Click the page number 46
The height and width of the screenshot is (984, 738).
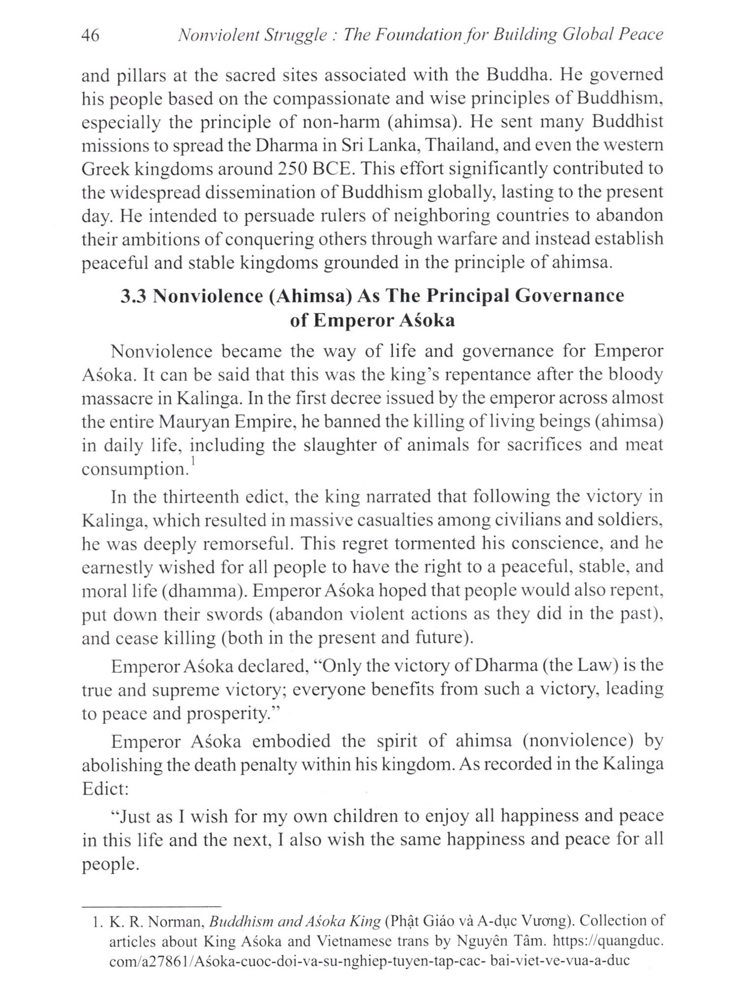pyautogui.click(x=90, y=35)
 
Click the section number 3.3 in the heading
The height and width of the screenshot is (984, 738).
pyautogui.click(x=134, y=296)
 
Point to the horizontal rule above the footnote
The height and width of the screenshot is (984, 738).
pyautogui.click(x=152, y=906)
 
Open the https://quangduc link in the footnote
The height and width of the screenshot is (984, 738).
pyautogui.click(x=609, y=941)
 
